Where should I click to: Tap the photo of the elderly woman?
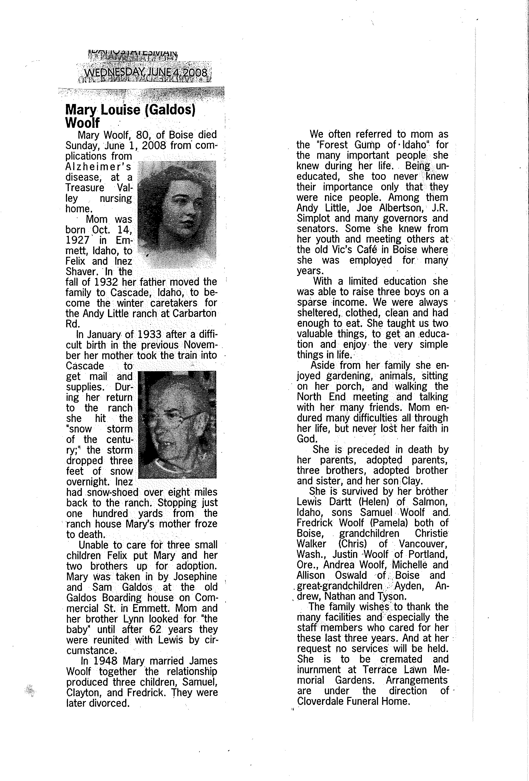pyautogui.click(x=177, y=424)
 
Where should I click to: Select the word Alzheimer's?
pyautogui.click(x=98, y=167)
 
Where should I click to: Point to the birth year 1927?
pyautogui.click(x=77, y=240)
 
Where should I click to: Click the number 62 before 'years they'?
pyautogui.click(x=160, y=629)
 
